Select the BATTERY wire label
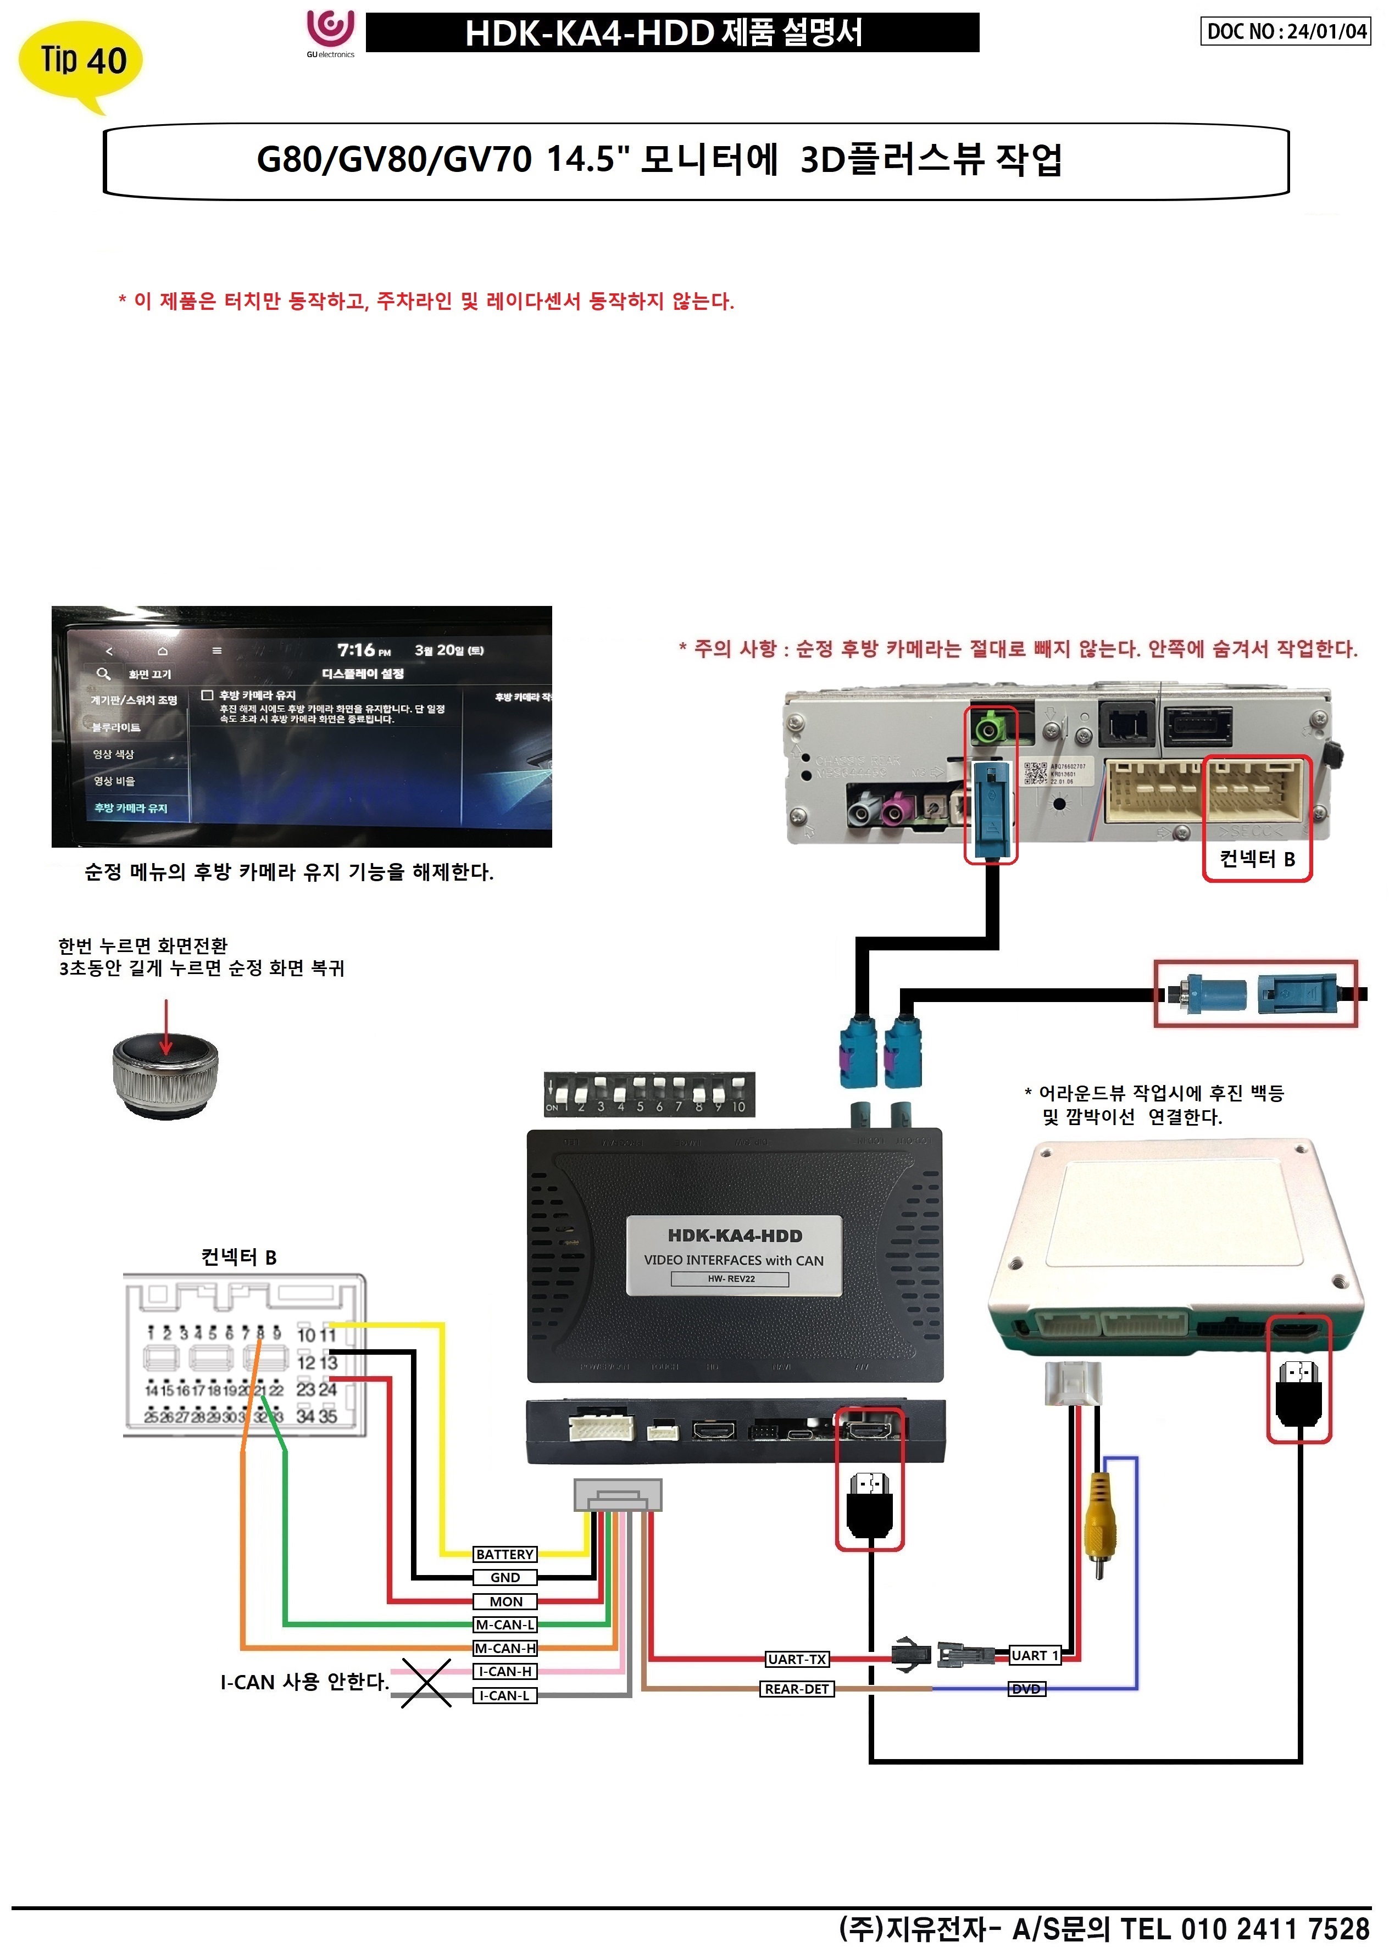point(504,1555)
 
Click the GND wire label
point(504,1578)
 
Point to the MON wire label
point(504,1601)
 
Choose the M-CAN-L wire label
point(504,1624)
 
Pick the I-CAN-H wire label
point(504,1672)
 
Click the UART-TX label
point(796,1660)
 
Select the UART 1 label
point(1034,1655)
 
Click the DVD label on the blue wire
point(1026,1689)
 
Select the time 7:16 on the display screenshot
point(356,650)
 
